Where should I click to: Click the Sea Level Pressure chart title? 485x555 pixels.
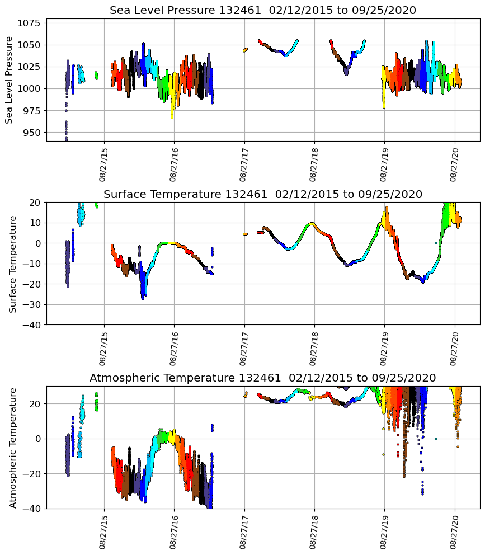[x=262, y=10]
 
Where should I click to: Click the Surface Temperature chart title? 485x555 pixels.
[x=262, y=194]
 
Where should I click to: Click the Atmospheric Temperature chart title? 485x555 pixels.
[x=262, y=378]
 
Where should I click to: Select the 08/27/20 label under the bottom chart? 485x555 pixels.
[x=454, y=532]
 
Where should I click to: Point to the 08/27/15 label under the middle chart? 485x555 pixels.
[x=103, y=347]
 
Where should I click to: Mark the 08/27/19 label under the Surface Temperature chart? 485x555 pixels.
[x=384, y=347]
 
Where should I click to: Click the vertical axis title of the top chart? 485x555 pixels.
[x=10, y=79]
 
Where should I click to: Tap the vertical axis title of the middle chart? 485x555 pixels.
[x=12, y=264]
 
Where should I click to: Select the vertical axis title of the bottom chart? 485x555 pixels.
[x=12, y=447]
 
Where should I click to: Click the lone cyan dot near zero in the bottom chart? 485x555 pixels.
[x=436, y=439]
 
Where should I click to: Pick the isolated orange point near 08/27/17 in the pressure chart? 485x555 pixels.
[x=245, y=50]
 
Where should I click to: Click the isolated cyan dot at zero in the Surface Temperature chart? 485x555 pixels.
[x=436, y=243]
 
